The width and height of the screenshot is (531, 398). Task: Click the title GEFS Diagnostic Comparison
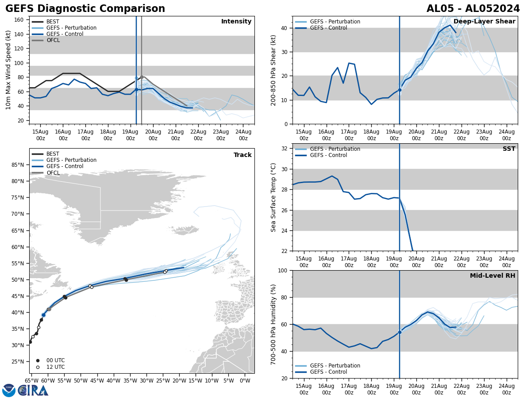coord(85,9)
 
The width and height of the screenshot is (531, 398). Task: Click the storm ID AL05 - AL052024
coord(473,9)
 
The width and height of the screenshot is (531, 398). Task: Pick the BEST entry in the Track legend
coord(53,154)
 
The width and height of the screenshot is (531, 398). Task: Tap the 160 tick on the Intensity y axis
coord(20,20)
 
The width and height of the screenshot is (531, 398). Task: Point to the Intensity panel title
coord(236,22)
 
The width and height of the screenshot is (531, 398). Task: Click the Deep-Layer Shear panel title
coord(484,22)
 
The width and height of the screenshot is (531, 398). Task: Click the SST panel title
coord(508,149)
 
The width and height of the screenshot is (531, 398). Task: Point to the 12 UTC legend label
coord(55,367)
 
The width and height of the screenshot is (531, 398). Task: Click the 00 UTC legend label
coord(55,360)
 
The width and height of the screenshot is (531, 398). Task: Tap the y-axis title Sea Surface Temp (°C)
coord(273,197)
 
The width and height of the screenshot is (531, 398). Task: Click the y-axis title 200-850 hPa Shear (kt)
coord(273,70)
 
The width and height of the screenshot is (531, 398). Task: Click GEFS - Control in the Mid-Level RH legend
coord(328,372)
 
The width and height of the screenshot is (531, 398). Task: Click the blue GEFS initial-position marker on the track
coord(43,315)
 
